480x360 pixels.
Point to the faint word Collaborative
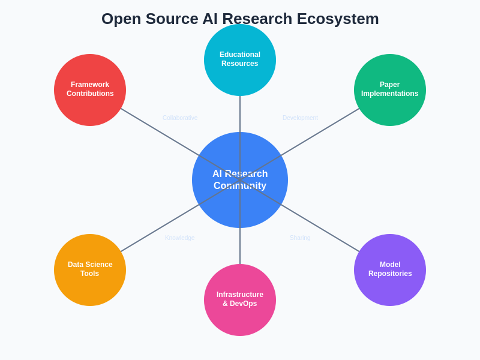click(180, 118)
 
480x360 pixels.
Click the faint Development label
click(300, 118)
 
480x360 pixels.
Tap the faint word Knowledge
click(180, 238)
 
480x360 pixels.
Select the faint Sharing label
click(300, 238)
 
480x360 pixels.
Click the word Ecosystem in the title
click(339, 19)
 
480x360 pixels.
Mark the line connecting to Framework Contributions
click(156, 129)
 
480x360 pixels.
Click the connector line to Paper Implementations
click(324, 129)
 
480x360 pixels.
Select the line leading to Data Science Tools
click(156, 231)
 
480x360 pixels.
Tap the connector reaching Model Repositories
click(324, 231)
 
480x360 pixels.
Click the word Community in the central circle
click(240, 186)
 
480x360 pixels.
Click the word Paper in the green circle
click(390, 85)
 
